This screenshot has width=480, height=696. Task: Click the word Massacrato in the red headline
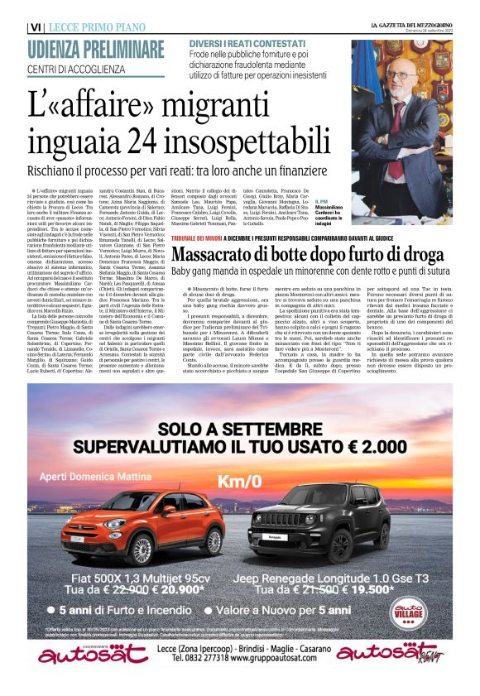pyautogui.click(x=242, y=232)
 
